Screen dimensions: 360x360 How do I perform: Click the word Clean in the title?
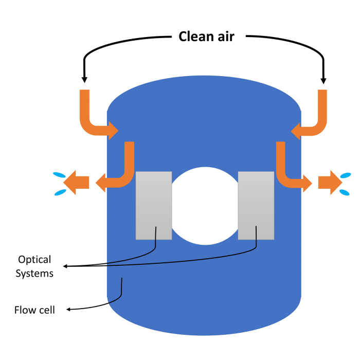point(196,37)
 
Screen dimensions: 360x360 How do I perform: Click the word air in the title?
point(225,37)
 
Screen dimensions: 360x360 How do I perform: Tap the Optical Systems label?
point(34,266)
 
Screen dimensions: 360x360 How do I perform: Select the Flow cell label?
point(34,310)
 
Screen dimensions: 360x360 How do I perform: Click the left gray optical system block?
point(153,205)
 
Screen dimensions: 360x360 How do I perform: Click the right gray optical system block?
point(256,205)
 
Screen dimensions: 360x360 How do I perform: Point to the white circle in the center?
point(205,206)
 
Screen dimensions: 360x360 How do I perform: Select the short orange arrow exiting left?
point(77,183)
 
